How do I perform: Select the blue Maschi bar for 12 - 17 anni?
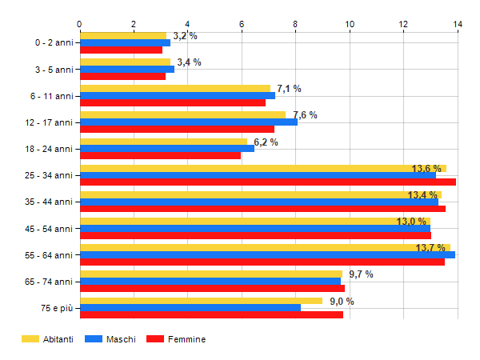pos(189,122)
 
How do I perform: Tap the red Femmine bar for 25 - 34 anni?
pos(268,182)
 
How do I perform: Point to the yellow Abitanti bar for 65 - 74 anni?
pos(211,274)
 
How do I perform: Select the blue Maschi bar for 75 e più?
pos(190,307)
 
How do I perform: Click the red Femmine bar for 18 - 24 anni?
pos(160,155)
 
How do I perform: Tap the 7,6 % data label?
pos(305,115)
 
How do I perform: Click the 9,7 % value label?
pos(361,274)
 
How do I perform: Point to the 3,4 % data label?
pos(189,62)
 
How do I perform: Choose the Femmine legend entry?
pos(186,339)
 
